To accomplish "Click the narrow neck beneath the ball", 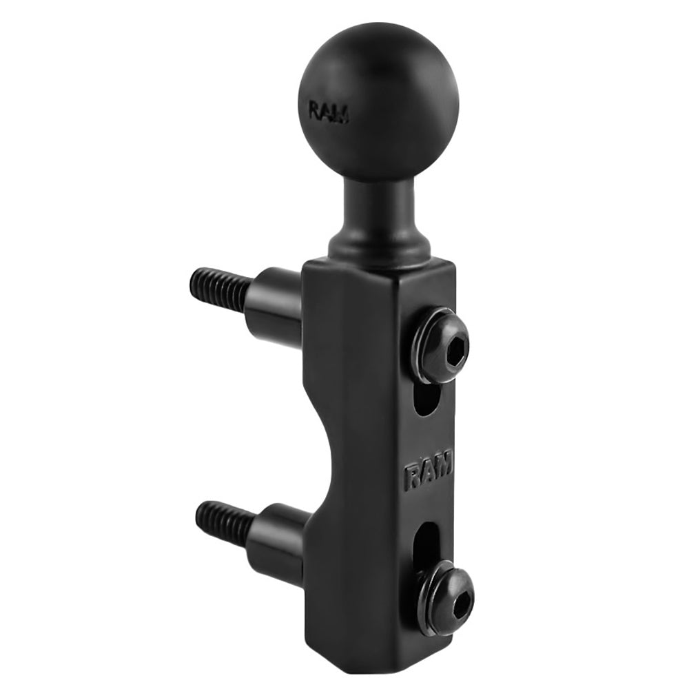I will (x=379, y=207).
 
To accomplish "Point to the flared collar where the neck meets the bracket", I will (x=380, y=245).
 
